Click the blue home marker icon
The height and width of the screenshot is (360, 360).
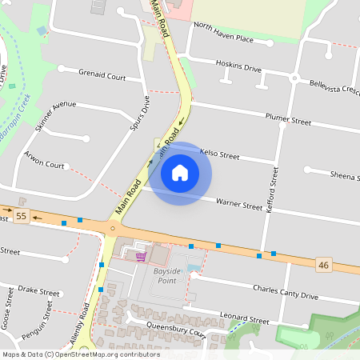[x=179, y=173]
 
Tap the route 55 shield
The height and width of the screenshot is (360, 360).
[x=21, y=216]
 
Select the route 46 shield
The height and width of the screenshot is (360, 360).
[x=323, y=264]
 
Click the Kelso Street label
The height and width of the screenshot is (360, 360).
[x=219, y=153]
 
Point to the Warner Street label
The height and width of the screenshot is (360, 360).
[x=239, y=204]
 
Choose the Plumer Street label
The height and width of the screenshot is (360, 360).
[x=288, y=120]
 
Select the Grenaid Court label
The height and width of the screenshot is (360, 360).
[x=102, y=76]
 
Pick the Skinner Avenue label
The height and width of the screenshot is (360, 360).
[x=55, y=115]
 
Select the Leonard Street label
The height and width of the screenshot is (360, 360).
[x=247, y=320]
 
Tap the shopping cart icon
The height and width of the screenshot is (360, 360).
[x=142, y=256]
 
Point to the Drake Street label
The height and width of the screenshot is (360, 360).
[x=39, y=291]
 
